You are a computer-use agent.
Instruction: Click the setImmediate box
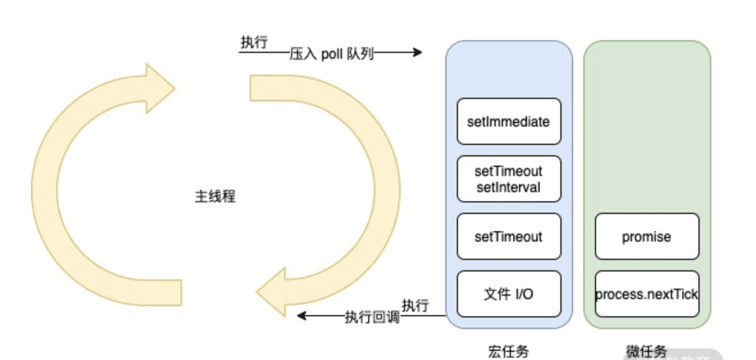509,121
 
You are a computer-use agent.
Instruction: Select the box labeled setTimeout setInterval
509,179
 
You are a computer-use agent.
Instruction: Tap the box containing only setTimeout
509,236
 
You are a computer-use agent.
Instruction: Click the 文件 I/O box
509,294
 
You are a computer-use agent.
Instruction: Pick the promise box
647,236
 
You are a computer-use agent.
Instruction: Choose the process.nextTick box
647,294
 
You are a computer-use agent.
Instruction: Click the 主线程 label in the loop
215,197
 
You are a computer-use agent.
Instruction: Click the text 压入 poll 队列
332,54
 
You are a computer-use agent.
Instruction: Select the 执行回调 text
372,316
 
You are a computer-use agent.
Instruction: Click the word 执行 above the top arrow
254,43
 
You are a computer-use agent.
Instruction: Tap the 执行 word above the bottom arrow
415,305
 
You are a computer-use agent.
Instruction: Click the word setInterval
509,187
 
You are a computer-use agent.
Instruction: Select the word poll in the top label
332,54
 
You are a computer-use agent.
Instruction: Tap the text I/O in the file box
522,294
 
